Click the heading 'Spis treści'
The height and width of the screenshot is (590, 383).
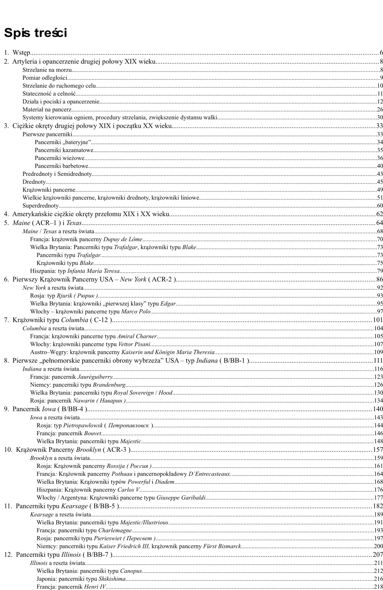[x=35, y=33]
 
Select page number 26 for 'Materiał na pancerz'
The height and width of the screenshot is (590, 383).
[x=380, y=110]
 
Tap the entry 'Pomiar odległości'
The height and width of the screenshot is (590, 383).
[x=45, y=78]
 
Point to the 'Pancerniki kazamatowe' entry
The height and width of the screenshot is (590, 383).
[x=64, y=150]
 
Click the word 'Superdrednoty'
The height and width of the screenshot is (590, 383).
[x=41, y=206]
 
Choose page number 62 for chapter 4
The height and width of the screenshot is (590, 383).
[x=379, y=214]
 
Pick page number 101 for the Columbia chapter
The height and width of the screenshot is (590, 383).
[x=377, y=320]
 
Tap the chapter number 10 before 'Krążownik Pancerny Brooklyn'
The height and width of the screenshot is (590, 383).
[x=8, y=450]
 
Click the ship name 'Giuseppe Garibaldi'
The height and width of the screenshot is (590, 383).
[x=181, y=498]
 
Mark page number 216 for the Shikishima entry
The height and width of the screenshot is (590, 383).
[x=378, y=579]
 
